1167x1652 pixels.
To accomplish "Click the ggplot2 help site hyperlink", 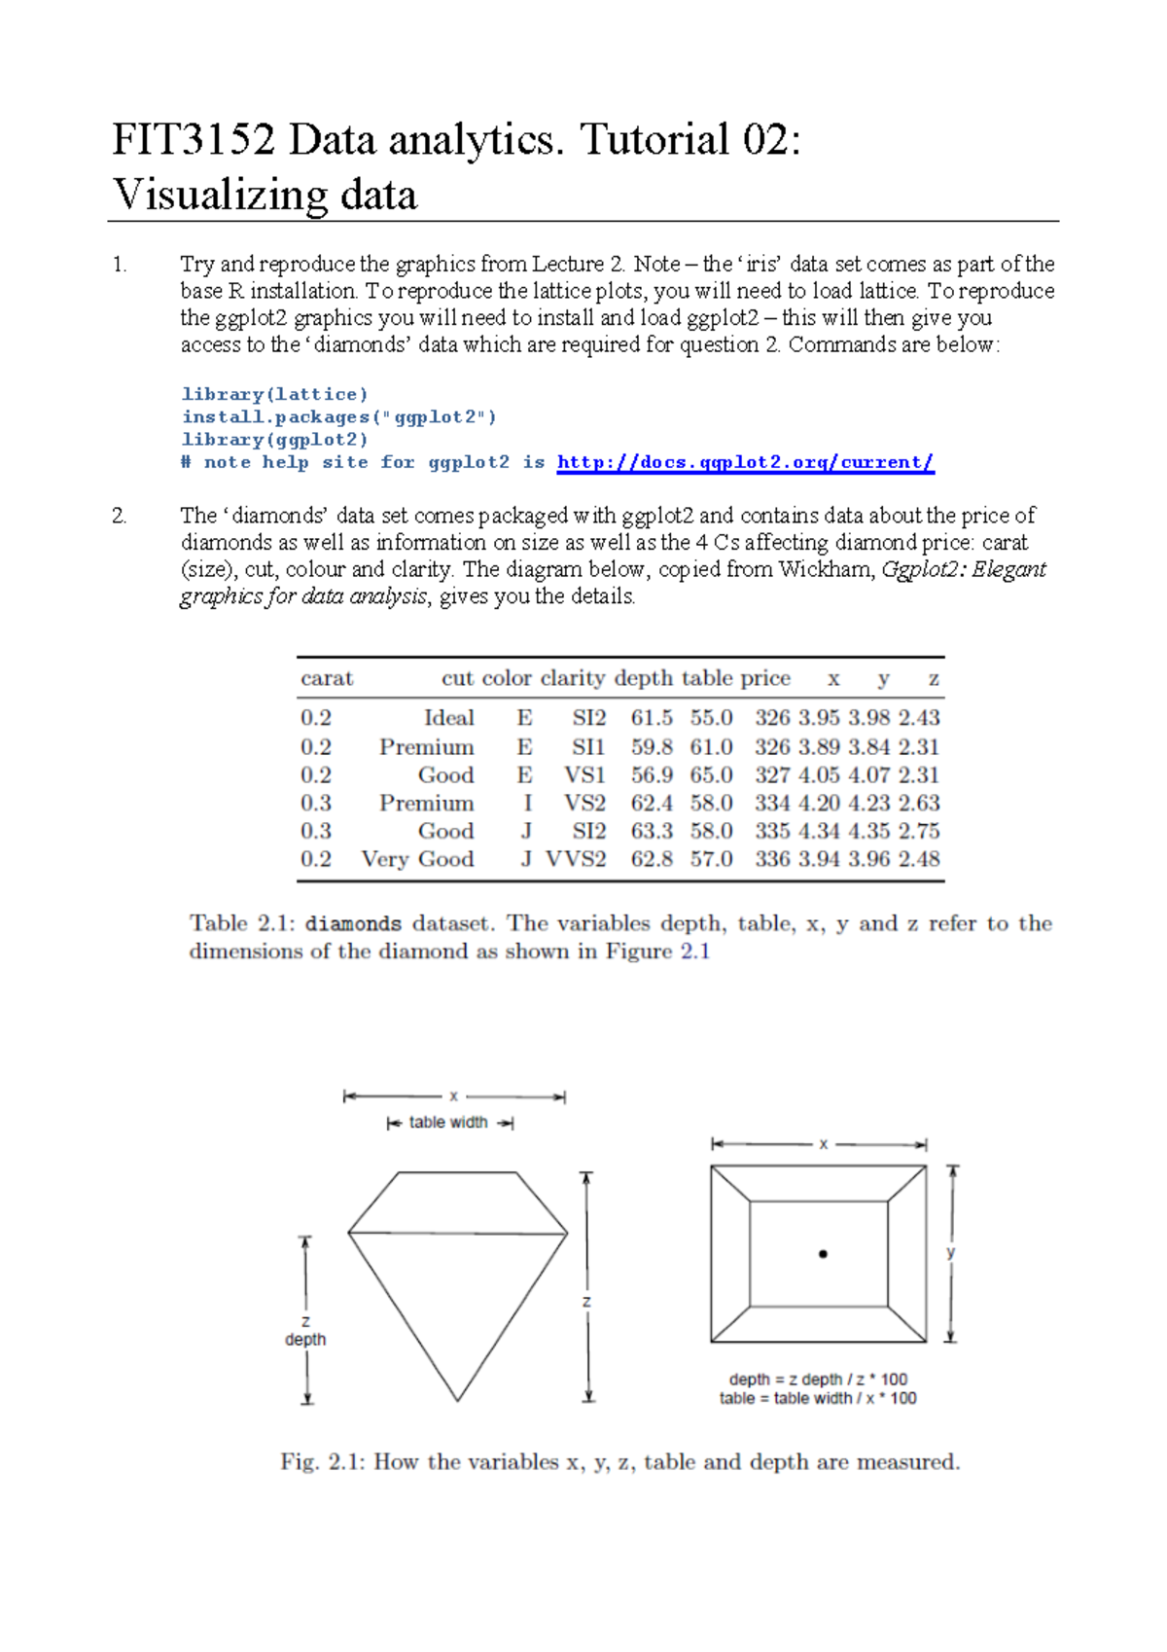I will [x=745, y=463].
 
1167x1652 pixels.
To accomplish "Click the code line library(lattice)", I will [x=275, y=394].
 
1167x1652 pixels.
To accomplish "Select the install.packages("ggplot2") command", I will [x=339, y=417].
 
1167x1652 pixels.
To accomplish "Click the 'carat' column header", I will [x=327, y=679].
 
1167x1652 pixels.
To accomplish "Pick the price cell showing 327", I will [x=772, y=775].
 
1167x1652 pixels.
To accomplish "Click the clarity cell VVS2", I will [x=576, y=859].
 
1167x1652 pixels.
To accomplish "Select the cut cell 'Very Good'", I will [x=417, y=859].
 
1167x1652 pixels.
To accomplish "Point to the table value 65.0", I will [x=712, y=775].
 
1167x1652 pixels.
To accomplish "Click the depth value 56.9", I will [x=652, y=775].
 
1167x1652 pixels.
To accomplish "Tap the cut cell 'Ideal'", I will [x=449, y=718].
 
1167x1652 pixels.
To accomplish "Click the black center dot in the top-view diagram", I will [x=823, y=1254].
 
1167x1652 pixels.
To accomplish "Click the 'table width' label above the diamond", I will [x=448, y=1123].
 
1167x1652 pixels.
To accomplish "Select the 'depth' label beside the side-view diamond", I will [x=305, y=1340].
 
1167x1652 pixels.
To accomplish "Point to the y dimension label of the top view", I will [x=951, y=1253].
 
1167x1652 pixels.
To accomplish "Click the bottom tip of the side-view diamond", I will [x=458, y=1399].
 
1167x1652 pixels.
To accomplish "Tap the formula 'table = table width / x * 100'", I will [x=818, y=1399].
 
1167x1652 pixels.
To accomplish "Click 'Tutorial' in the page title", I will [x=654, y=139].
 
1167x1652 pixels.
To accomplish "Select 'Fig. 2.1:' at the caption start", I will [x=322, y=1462].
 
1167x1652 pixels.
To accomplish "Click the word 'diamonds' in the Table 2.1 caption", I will [x=353, y=924].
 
